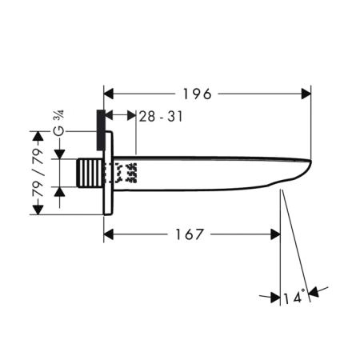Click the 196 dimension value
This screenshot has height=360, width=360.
[197, 94]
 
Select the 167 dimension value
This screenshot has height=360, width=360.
[190, 234]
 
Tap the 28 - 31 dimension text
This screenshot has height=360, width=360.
[161, 117]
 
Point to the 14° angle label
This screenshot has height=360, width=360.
[294, 297]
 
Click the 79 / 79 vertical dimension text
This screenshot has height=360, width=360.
[38, 173]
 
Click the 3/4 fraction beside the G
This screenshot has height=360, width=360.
[60, 116]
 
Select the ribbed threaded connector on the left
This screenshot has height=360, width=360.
[90, 173]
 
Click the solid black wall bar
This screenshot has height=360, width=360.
[101, 130]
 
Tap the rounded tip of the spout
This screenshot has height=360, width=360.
[310, 162]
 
